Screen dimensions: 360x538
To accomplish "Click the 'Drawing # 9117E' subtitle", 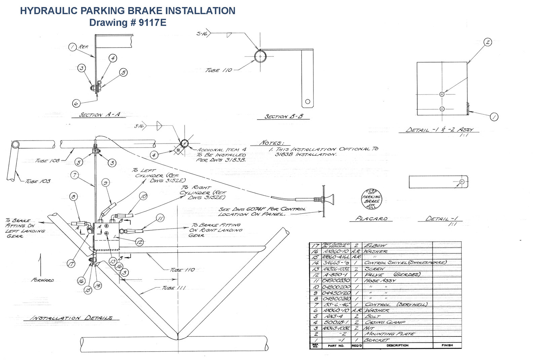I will tap(127, 22).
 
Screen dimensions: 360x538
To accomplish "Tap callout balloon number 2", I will tap(488, 42).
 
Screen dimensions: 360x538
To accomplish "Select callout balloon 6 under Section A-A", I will tap(76, 103).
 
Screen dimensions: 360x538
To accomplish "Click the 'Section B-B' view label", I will tap(283, 117).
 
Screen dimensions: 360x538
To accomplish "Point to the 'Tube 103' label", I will tap(38, 181).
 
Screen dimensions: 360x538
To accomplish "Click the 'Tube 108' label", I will tap(47, 161).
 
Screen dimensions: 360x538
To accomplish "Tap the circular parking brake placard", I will tap(371, 199).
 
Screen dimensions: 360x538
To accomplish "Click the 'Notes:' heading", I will tap(272, 143).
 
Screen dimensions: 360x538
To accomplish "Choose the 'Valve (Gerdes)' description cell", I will tap(388, 275).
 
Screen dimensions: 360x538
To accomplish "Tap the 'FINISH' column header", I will tap(447, 345).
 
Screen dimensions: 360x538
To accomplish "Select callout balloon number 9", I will tap(105, 183).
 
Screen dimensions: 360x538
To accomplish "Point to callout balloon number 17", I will tap(71, 264).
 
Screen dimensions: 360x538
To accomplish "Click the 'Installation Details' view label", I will tap(72, 318).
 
